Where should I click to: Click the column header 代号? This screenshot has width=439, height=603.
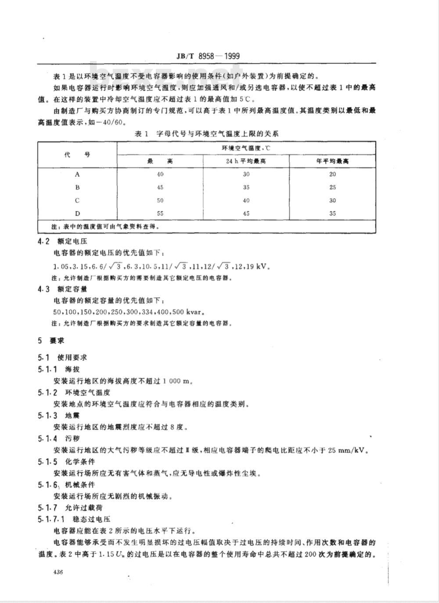(x=77, y=154)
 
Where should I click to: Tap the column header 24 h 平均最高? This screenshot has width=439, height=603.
(x=246, y=161)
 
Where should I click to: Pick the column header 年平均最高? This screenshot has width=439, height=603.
(x=332, y=161)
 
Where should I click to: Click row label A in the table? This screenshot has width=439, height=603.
(x=77, y=174)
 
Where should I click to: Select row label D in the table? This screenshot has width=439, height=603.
(x=77, y=214)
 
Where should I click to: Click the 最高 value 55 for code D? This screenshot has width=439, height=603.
(x=160, y=214)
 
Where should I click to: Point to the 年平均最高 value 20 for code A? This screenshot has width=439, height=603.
(x=332, y=174)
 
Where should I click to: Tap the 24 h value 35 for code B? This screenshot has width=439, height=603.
(x=246, y=187)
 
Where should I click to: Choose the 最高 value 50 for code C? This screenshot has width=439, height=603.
(x=160, y=201)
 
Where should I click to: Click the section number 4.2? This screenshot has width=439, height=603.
(x=44, y=241)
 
